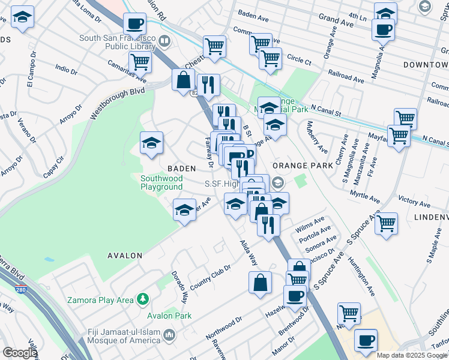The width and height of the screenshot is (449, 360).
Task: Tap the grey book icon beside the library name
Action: pyautogui.click(x=164, y=42)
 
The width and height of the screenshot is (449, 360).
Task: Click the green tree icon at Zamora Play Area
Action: pyautogui.click(x=142, y=298)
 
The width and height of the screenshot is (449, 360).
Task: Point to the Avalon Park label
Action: pyautogui.click(x=170, y=316)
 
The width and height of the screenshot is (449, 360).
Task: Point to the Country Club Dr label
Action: pyautogui.click(x=210, y=275)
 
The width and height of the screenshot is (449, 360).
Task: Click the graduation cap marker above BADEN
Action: pyautogui.click(x=152, y=143)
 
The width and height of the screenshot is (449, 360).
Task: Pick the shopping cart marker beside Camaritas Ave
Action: pyautogui.click(x=140, y=61)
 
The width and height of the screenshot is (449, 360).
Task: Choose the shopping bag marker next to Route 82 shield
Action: pyautogui.click(x=182, y=80)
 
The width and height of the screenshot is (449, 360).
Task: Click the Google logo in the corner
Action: pyautogui.click(x=20, y=353)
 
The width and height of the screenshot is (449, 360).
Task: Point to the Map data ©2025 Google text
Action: pyautogui.click(x=412, y=355)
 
